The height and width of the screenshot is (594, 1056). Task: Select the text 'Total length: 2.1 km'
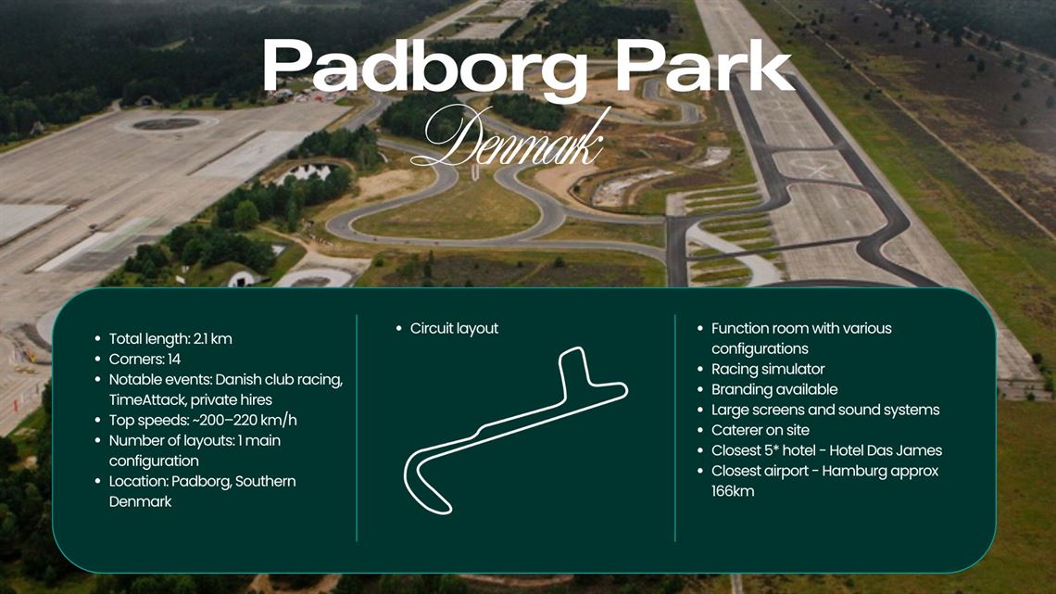coord(170,339)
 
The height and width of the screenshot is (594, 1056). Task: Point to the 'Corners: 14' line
coord(145,360)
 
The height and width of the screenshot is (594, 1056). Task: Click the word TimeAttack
coord(147,400)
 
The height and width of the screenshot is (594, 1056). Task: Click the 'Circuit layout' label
coord(454,329)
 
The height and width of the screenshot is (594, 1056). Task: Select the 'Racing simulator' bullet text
coord(767,370)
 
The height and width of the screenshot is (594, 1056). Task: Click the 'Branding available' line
coord(773,390)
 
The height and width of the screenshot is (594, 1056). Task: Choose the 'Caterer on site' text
coord(760,431)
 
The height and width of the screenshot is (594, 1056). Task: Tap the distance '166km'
coord(733,492)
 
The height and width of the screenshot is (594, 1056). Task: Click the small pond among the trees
coord(308,172)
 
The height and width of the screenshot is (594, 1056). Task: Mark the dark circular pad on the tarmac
coord(167,123)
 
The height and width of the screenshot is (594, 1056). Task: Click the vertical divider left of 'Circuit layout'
coord(357,427)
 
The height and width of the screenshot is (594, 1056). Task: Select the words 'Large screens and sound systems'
coord(825,411)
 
